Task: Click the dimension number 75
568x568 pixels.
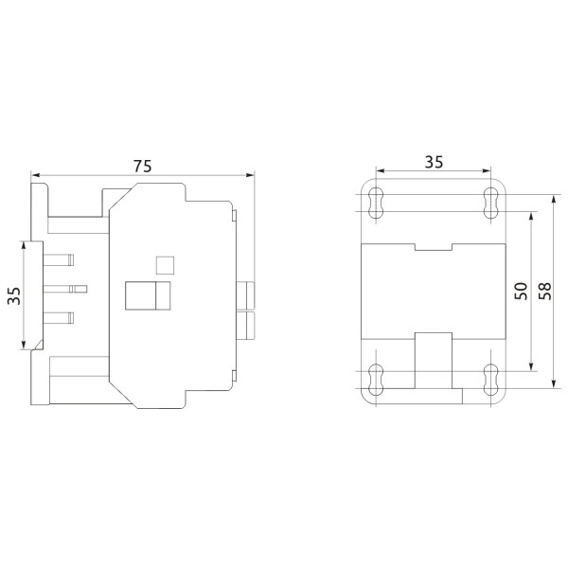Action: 142,165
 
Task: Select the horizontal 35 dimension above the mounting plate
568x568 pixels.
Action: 433,161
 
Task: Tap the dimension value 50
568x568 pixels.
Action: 520,291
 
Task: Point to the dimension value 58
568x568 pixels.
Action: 544,291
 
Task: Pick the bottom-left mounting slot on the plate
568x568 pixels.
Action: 376,379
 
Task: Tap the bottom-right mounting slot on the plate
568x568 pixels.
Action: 490,379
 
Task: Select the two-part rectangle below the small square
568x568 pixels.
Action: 147,296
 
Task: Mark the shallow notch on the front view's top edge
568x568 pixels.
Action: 434,248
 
